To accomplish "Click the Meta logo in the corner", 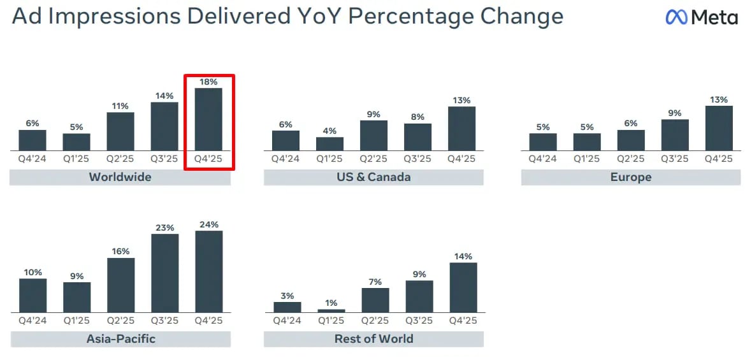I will [x=702, y=17].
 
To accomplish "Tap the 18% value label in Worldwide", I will [x=208, y=82].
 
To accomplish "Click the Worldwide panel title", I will [x=120, y=177].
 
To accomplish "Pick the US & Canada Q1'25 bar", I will [x=330, y=143].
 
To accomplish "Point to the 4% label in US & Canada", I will [x=330, y=131].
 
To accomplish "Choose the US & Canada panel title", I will [x=373, y=177].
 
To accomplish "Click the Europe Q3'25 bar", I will [x=675, y=134].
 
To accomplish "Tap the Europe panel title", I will [x=631, y=177].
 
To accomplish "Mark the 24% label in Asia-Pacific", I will [x=208, y=224].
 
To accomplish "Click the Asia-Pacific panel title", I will [x=120, y=339].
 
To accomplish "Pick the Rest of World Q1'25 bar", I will [x=331, y=310].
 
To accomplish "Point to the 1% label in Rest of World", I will [x=330, y=303].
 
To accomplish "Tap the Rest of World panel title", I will [x=373, y=339].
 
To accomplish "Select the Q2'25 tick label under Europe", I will [x=631, y=159].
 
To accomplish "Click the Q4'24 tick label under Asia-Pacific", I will [x=33, y=320].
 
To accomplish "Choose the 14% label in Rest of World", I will [x=463, y=256].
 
